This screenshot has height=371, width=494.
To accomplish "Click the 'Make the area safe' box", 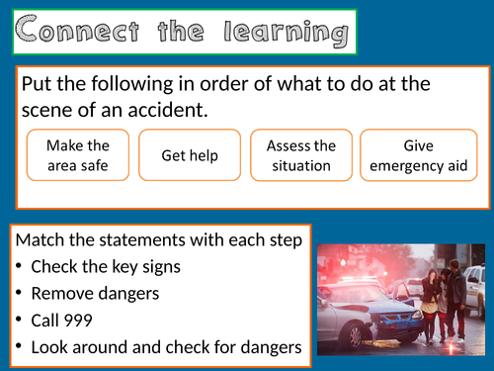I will (76, 155).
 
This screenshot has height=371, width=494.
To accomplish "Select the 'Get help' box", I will (191, 155).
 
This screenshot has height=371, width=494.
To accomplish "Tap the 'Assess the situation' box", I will (301, 155).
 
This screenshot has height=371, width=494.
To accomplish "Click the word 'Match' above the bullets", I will (42, 240).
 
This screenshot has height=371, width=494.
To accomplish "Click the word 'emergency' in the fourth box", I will (406, 165).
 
